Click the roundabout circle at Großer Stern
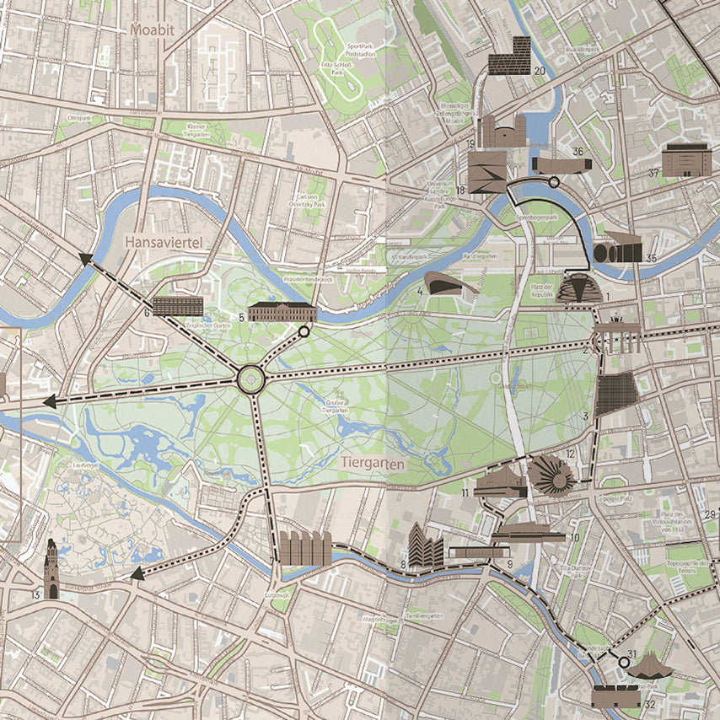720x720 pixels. coord(251,379)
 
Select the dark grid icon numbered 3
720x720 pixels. coord(616,394)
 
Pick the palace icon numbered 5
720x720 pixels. coord(282,311)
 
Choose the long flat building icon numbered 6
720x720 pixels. coord(178,306)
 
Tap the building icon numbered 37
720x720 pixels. coord(682,160)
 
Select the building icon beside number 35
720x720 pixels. coord(617,252)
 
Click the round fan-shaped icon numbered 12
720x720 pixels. coord(552,475)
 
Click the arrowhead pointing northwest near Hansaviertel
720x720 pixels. coord(85,259)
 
